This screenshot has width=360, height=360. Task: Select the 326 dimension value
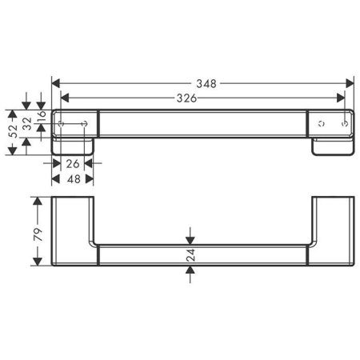[186, 98]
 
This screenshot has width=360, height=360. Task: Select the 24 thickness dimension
[190, 256]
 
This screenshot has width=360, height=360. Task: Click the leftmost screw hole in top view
[62, 124]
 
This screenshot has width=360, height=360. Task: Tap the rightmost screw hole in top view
[344, 124]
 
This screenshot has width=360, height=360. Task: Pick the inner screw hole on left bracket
[84, 124]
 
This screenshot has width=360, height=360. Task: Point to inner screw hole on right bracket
[321, 124]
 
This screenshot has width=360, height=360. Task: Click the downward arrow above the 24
[190, 238]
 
